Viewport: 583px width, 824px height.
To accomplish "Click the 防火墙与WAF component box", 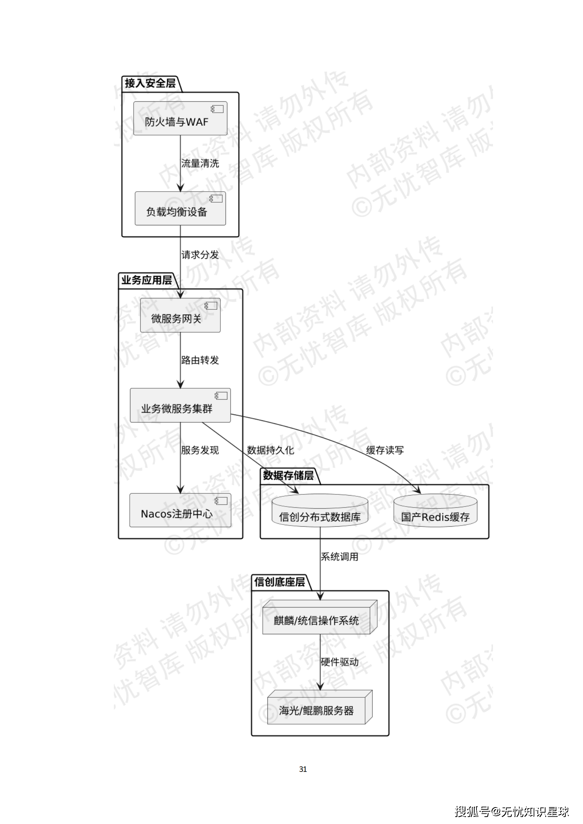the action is point(180,119).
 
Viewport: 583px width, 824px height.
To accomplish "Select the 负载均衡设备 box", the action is point(180,208).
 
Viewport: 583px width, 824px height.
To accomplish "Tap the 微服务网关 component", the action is point(180,315).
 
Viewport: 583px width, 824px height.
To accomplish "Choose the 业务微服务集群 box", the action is point(180,405).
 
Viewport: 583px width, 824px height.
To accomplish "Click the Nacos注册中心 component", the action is point(180,510).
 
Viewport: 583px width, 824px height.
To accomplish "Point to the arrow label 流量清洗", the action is point(200,163).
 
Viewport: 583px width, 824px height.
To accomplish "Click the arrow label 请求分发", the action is point(200,255).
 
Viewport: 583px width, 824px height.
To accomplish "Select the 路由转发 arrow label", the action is point(200,360).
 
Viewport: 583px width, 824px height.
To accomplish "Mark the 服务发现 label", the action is point(200,450).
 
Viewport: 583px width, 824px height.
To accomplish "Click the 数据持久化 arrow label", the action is point(270,450).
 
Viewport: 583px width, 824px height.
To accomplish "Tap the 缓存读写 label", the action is point(385,450).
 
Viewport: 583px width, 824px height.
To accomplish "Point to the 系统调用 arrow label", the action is point(339,557).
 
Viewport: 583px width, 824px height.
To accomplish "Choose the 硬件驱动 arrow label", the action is point(339,662).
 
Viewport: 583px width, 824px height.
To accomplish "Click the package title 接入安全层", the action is point(150,83).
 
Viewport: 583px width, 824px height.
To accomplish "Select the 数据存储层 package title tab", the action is point(288,475).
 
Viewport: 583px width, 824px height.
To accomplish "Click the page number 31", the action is point(303,769).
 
